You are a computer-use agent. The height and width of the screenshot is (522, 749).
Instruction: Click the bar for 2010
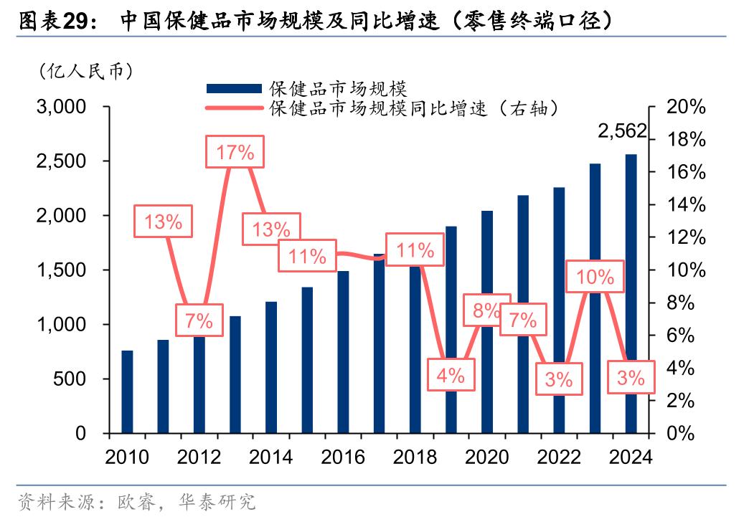click(127, 391)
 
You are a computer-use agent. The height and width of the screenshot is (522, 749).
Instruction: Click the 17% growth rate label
click(235, 152)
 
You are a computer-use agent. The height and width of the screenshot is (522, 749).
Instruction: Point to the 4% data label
click(451, 374)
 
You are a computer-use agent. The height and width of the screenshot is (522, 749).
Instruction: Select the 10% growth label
click(595, 277)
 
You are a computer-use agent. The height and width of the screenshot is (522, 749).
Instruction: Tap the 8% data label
click(487, 310)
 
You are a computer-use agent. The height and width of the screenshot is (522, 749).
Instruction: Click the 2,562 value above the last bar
click(622, 131)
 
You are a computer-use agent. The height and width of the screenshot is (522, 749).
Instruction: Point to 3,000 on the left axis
click(61, 107)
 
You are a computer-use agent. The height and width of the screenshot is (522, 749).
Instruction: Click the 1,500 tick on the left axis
click(61, 270)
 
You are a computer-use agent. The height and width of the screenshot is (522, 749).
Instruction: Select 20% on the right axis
click(686, 107)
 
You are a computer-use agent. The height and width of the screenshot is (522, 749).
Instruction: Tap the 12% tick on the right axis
click(686, 237)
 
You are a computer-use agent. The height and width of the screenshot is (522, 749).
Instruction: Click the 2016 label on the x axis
click(343, 457)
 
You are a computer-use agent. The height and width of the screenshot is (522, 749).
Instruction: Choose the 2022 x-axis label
click(559, 457)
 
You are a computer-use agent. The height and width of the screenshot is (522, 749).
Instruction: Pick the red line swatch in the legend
click(233, 108)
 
